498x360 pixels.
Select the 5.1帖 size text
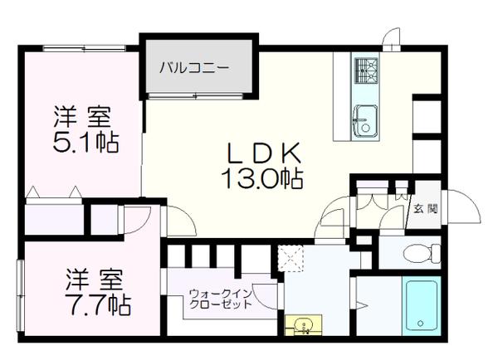pyautogui.click(x=86, y=142)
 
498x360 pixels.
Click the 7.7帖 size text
pyautogui.click(x=98, y=304)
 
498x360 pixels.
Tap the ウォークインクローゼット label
pyautogui.click(x=220, y=299)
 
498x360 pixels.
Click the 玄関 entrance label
pyautogui.click(x=426, y=208)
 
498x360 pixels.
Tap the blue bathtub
pyautogui.click(x=423, y=308)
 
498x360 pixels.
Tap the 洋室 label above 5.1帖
pyautogui.click(x=85, y=115)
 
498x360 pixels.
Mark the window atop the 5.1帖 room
pyautogui.click(x=79, y=47)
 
